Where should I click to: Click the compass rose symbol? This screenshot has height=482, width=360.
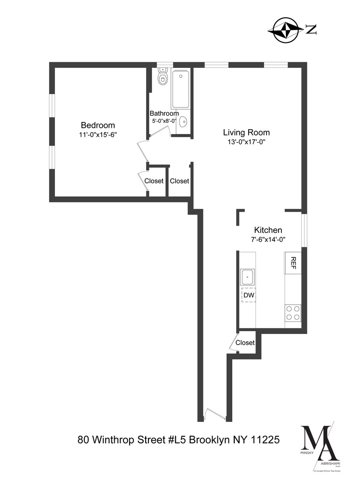(286, 29)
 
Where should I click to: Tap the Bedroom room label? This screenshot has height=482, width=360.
(98, 125)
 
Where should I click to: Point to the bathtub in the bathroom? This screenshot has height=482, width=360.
(181, 89)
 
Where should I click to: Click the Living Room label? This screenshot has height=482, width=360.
(246, 132)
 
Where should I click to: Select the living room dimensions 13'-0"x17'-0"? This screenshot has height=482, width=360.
(246, 142)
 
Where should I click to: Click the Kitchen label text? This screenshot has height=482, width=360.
(268, 230)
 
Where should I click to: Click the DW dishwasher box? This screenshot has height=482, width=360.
(248, 295)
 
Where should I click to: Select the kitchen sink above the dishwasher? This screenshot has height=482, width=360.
(248, 277)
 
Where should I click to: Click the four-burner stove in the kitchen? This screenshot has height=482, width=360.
(293, 313)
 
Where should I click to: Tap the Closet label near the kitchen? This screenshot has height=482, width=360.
(245, 343)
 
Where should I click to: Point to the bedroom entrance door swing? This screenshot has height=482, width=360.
(143, 152)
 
